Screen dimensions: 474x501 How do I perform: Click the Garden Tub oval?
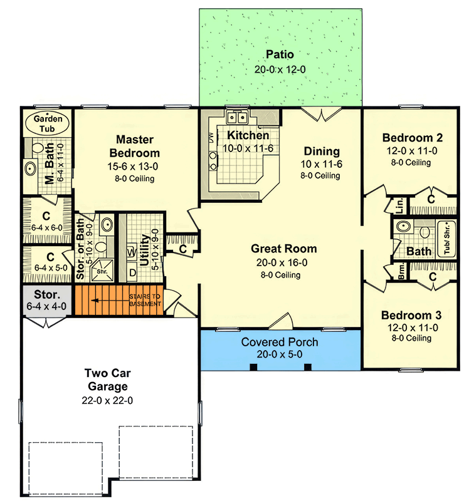(x=48, y=123)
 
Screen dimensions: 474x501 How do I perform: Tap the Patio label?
(x=280, y=54)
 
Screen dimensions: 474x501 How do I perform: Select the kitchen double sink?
(x=238, y=118)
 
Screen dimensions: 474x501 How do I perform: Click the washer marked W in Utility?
(x=132, y=252)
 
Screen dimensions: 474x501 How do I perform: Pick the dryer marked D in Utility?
(x=132, y=272)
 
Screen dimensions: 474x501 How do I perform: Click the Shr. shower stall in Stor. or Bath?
(x=102, y=271)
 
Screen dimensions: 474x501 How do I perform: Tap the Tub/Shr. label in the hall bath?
(x=447, y=239)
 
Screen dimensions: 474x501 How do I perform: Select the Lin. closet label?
(x=399, y=206)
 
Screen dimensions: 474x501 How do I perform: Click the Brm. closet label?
(x=402, y=271)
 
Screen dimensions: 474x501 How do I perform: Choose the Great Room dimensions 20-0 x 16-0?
(x=282, y=262)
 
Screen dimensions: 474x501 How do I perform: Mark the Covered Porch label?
(x=280, y=342)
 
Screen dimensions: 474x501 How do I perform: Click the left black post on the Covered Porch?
(x=253, y=367)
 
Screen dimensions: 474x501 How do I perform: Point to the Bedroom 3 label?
(x=411, y=316)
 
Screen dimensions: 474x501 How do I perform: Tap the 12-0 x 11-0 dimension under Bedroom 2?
(x=412, y=151)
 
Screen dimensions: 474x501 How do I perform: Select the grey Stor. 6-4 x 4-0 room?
(x=47, y=301)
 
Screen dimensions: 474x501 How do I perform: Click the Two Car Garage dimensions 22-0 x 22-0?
(x=107, y=400)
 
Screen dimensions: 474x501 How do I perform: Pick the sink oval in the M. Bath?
(x=30, y=168)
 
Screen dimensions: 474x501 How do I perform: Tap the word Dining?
(x=322, y=151)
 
